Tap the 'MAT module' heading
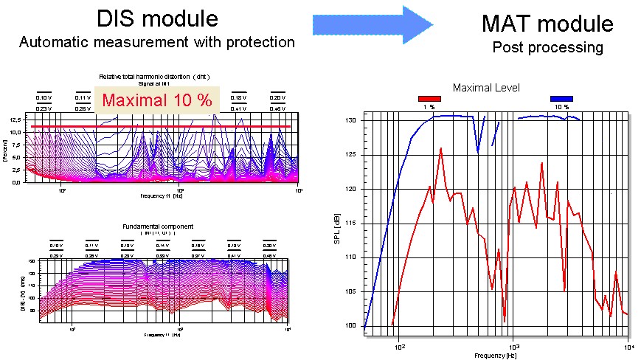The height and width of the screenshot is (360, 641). pos(547,24)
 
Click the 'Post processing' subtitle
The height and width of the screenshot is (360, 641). pos(547,48)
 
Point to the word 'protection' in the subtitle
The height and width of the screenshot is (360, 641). pos(255,43)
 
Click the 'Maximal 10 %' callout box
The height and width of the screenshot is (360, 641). pos(156,100)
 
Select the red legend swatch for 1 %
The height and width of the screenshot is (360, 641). pos(429,98)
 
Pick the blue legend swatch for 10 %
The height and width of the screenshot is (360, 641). pos(561,98)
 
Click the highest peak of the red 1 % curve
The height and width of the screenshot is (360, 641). pos(440,148)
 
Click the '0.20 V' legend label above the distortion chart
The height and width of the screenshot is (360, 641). pos(277,97)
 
